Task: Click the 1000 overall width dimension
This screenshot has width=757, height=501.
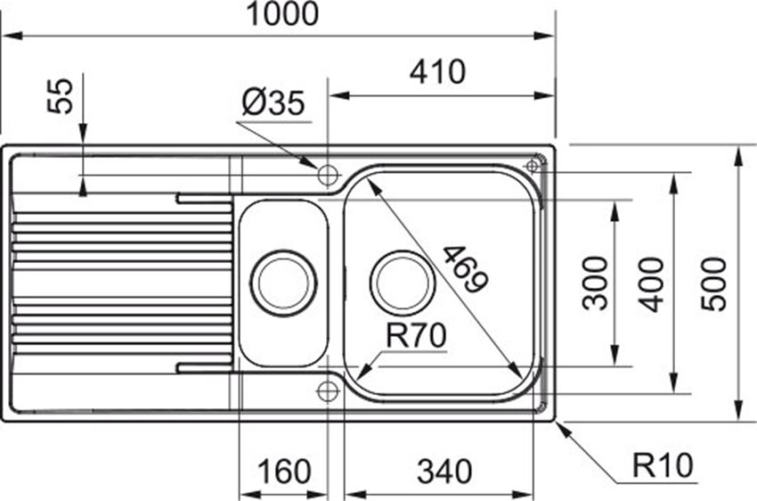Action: click(282, 13)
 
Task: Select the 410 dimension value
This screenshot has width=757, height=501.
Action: click(437, 72)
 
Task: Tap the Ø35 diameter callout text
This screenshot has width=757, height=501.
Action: click(273, 103)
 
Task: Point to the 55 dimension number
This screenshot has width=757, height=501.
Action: click(61, 96)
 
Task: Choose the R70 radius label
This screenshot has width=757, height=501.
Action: click(416, 336)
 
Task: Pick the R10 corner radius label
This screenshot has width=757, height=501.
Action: click(663, 465)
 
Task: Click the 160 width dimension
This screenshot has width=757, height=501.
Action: click(284, 472)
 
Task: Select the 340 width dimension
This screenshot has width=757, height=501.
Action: click(444, 472)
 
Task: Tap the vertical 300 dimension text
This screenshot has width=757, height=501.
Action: click(595, 283)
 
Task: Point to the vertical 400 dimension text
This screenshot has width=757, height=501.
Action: click(651, 284)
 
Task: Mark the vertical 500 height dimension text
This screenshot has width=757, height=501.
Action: click(713, 284)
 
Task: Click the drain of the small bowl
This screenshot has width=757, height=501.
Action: click(283, 283)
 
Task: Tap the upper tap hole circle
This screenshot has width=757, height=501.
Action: click(328, 175)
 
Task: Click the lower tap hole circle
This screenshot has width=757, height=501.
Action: click(328, 390)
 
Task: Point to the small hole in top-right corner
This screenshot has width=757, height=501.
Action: click(532, 166)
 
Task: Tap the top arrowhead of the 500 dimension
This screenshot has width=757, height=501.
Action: click(738, 156)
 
